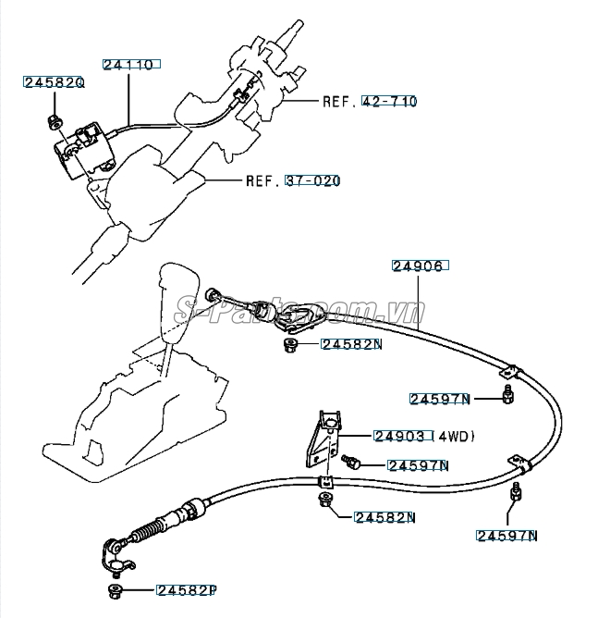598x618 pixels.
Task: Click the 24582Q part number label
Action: click(x=54, y=82)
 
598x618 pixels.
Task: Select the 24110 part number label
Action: click(x=128, y=66)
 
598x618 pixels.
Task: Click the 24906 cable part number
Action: click(x=420, y=266)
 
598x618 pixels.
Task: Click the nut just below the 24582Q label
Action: click(x=55, y=118)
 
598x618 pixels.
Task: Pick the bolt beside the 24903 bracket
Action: click(x=349, y=460)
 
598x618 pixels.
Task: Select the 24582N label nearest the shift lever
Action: click(x=352, y=345)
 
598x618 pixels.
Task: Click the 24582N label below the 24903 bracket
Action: click(x=384, y=517)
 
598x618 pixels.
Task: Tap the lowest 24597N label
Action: click(x=507, y=535)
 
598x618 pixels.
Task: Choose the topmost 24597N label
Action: click(x=440, y=400)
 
